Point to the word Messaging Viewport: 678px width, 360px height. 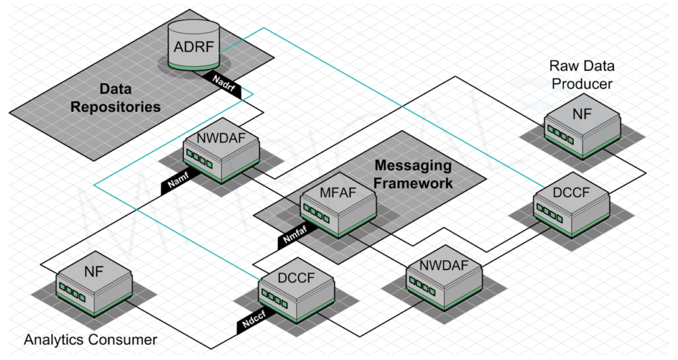click(412, 165)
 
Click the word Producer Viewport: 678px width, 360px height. click(582, 83)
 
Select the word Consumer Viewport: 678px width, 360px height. click(126, 340)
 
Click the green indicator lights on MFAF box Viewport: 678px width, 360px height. click(316, 212)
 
